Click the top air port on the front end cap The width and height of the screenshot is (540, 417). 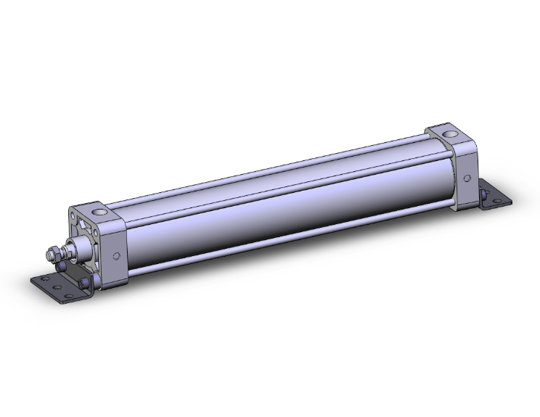[x=99, y=212]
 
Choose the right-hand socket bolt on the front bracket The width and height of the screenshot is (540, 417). [x=87, y=282]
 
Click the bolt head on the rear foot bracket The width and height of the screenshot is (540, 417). [x=483, y=194]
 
